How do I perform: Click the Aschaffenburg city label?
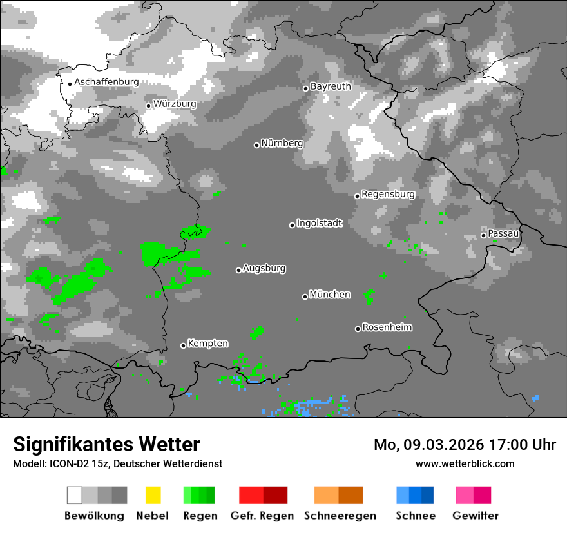pos(106,82)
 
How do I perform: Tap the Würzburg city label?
pos(175,104)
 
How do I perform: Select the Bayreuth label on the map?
pos(331,86)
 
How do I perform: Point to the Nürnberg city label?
pos(282,143)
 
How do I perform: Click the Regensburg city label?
pos(388,194)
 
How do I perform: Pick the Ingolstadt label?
pos(319,223)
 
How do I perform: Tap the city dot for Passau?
pos(483,235)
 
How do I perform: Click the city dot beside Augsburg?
pos(238,270)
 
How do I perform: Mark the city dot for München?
pos(305,297)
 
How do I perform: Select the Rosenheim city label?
pos(387,327)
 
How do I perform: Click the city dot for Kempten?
pos(183,345)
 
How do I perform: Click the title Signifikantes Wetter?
pos(106,445)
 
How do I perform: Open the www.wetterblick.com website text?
pos(465,463)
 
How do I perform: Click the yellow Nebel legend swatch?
pos(153,495)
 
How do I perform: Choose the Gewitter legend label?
pos(475,516)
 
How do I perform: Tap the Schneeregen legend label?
pos(340,516)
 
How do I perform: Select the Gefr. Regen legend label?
pos(262,516)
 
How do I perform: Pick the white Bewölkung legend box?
pos(75,495)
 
